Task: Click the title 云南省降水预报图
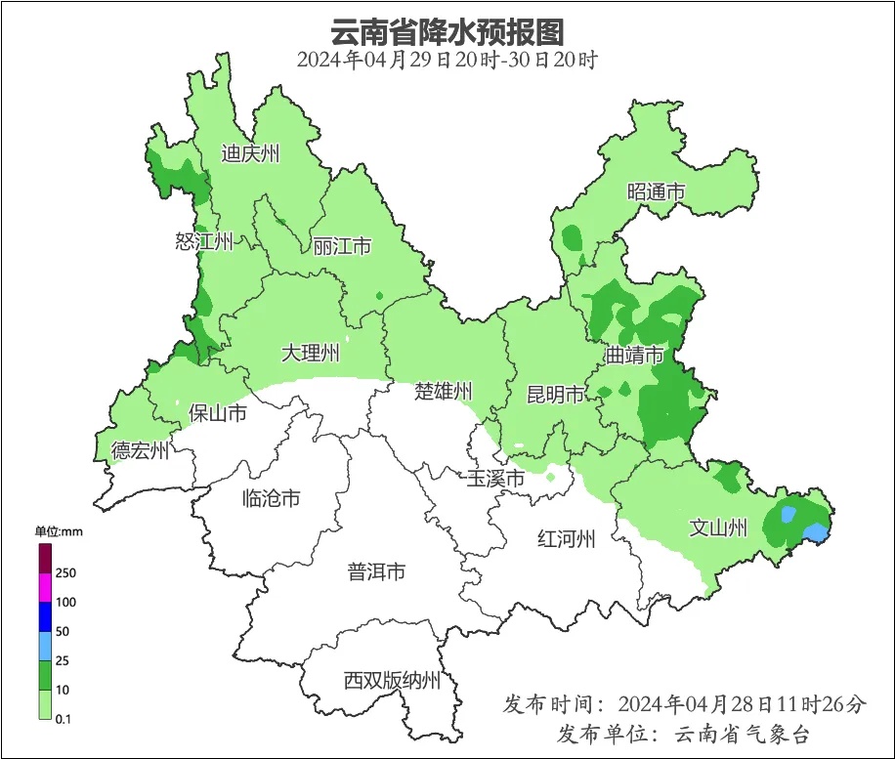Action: [447, 30]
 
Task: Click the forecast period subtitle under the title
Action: [447, 59]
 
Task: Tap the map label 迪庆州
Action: [250, 153]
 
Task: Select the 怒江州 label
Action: [204, 241]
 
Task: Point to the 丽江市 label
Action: [342, 246]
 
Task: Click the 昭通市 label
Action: [656, 192]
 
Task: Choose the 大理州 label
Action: [310, 353]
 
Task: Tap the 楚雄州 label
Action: [444, 392]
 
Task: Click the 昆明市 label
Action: [556, 395]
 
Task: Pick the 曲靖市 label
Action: [634, 355]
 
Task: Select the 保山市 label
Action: [217, 413]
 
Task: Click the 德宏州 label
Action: [140, 450]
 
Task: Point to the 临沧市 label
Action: [271, 499]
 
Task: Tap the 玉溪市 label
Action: [494, 479]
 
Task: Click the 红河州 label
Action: [567, 538]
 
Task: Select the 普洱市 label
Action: [376, 572]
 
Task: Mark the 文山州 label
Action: [718, 528]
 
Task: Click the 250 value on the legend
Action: [65, 572]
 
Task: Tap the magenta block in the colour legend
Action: [45, 587]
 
